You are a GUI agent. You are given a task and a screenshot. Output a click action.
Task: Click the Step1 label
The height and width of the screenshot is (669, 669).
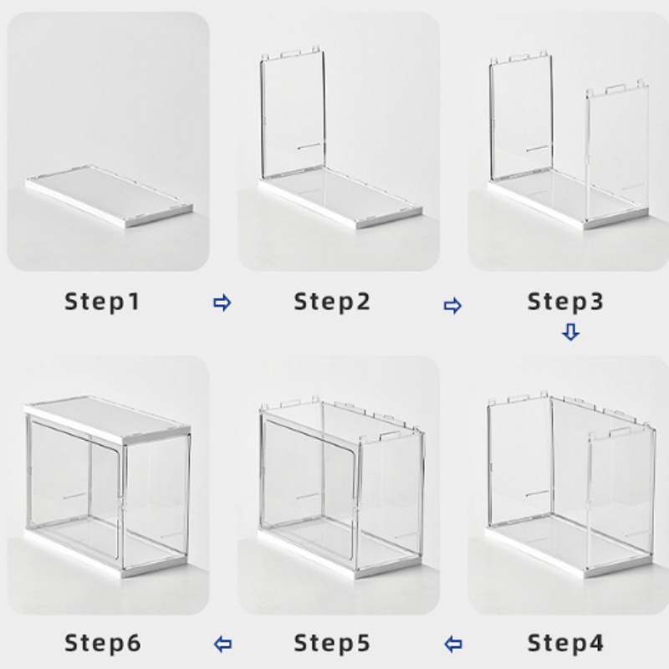point(102,302)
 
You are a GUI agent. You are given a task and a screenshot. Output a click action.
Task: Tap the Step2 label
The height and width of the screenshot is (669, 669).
point(332,302)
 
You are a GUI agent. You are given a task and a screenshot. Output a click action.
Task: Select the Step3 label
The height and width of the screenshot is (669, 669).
point(565,302)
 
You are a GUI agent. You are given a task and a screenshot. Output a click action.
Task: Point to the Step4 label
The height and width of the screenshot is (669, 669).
point(565,643)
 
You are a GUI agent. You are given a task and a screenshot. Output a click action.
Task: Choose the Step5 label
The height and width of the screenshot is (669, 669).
point(332,643)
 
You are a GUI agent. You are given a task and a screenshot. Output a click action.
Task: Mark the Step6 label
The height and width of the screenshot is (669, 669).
point(102,643)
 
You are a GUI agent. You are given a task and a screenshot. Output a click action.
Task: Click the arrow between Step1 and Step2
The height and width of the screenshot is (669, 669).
point(222,303)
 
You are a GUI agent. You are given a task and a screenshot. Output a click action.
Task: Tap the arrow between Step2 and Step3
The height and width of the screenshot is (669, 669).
point(452,305)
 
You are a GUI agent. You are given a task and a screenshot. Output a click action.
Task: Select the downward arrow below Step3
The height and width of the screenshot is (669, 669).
point(571,332)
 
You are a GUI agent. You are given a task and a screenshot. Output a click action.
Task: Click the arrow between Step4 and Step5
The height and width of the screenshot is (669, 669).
point(453,644)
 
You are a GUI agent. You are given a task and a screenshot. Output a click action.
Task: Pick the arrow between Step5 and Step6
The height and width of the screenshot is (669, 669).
point(222,644)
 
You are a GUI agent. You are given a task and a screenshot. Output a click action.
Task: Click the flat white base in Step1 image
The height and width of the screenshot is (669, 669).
point(110,197)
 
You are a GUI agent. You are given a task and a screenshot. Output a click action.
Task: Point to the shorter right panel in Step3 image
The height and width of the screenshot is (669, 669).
point(617,153)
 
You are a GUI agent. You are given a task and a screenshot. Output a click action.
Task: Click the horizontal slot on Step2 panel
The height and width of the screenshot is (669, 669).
point(309,147)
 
